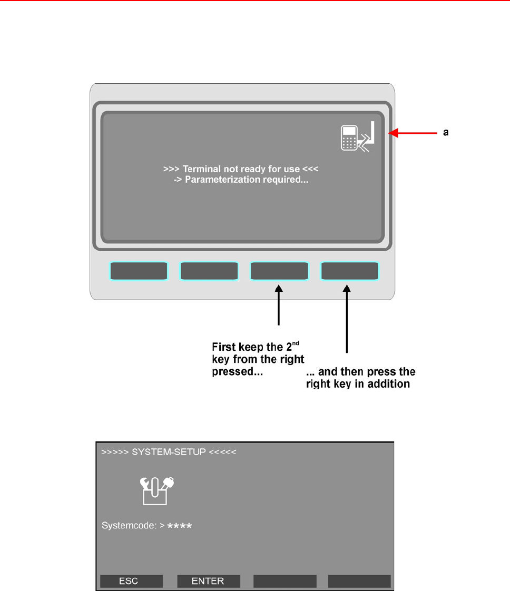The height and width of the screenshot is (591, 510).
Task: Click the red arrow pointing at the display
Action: tap(414, 134)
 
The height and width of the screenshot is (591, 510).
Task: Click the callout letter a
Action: tap(446, 133)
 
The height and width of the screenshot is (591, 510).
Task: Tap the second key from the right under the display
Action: tap(279, 271)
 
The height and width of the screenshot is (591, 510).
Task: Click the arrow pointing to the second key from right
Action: tap(279, 306)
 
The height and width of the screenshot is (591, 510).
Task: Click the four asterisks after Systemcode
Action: tap(180, 526)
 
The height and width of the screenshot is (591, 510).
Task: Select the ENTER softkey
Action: tap(208, 581)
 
